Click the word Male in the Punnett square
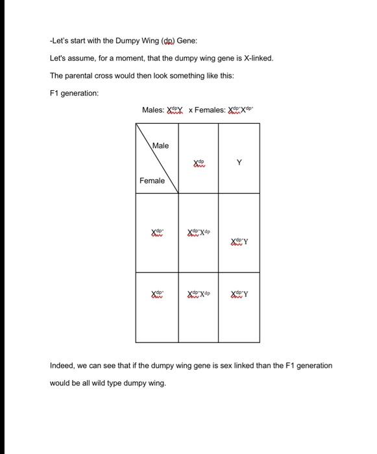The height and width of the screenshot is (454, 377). (x=160, y=145)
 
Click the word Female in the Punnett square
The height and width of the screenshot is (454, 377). (x=152, y=180)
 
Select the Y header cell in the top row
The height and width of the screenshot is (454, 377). (x=239, y=163)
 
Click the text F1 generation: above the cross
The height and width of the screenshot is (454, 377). (x=74, y=93)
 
